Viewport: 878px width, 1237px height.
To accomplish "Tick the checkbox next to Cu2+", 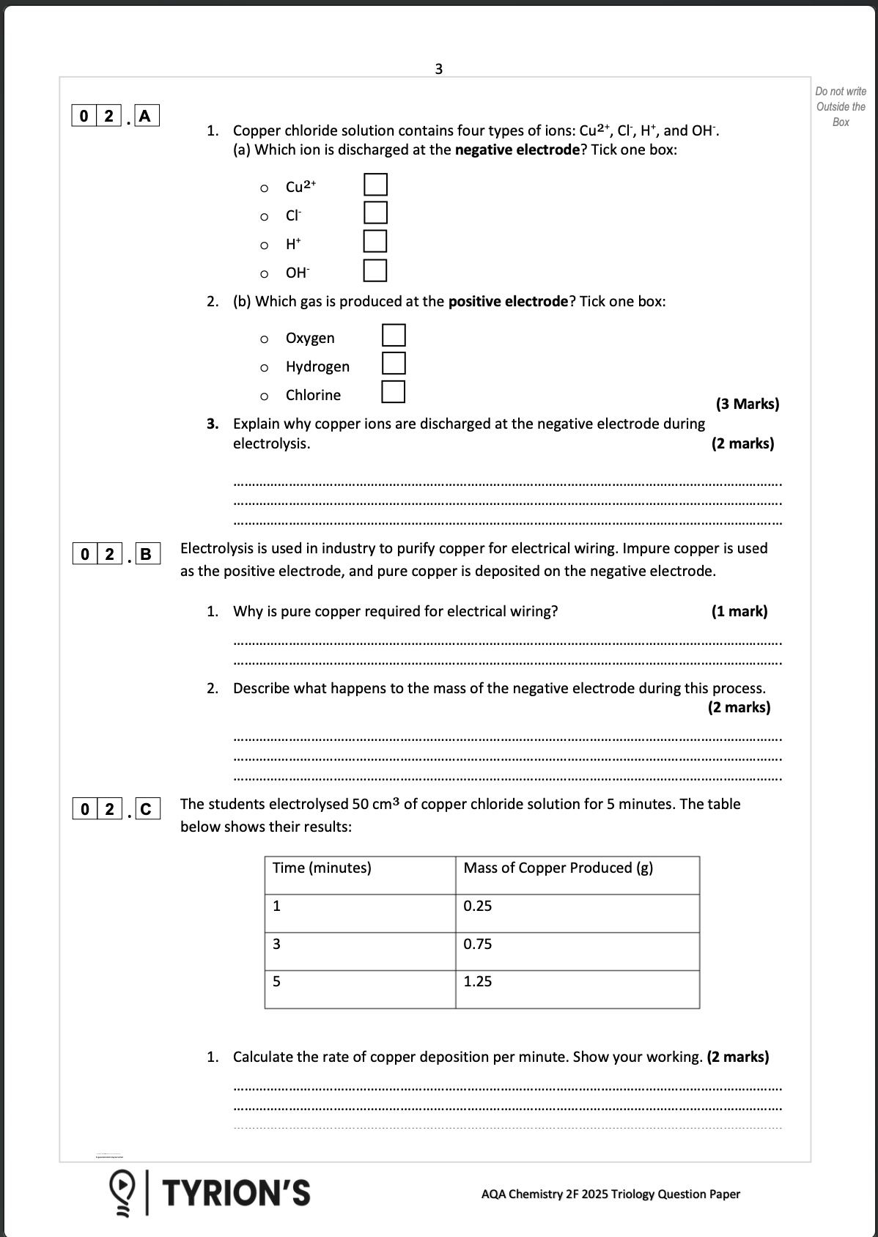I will pos(375,185).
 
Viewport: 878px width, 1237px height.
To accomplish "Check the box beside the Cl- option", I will pos(375,213).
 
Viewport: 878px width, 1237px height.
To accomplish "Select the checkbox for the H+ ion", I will pos(375,241).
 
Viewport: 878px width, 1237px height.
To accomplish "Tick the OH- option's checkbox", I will pos(375,270).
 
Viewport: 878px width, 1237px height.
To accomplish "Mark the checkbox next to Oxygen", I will pos(394,336).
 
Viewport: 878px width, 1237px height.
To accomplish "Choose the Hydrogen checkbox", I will pos(394,363).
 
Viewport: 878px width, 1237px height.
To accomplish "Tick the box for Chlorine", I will pos(394,392).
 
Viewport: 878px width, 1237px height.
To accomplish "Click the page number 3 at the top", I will pos(438,69).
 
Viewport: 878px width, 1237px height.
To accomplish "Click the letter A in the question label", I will pos(145,116).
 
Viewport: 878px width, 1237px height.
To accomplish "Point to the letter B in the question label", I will pos(145,554).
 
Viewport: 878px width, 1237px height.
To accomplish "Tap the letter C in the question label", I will pos(145,809).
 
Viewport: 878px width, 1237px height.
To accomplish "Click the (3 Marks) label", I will pos(747,404).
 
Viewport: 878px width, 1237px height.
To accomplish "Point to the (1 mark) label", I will pos(739,611).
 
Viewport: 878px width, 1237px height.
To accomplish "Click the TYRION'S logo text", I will pos(235,1192).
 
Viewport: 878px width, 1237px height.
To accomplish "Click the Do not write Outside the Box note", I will pos(841,107).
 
